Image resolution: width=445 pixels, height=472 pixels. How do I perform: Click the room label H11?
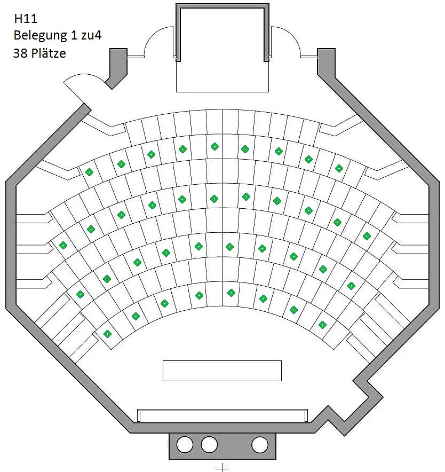[26, 19]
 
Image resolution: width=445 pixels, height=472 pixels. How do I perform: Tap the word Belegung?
[41, 36]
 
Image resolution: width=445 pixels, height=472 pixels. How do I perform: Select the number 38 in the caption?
[20, 53]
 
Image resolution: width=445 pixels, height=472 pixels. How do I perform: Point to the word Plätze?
[49, 53]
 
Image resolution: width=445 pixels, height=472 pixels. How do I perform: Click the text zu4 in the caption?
[91, 35]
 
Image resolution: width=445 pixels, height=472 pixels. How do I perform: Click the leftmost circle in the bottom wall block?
[185, 444]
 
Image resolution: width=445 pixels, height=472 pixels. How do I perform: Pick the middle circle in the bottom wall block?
[209, 444]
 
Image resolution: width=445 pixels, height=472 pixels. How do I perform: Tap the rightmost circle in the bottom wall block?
[260, 444]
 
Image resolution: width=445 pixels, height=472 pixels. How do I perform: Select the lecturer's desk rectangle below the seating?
[222, 371]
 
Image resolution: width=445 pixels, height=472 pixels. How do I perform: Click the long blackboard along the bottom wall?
[222, 415]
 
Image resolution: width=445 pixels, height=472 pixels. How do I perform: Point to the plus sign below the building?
[222, 468]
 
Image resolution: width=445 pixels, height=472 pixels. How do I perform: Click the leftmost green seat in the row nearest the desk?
[107, 334]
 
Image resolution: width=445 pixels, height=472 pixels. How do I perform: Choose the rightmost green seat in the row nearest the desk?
[322, 325]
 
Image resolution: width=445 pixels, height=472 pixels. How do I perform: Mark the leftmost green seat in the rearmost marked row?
[89, 172]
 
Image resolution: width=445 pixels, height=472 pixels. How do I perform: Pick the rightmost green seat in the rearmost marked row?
[339, 169]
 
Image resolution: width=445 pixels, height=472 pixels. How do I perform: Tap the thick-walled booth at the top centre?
[222, 33]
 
